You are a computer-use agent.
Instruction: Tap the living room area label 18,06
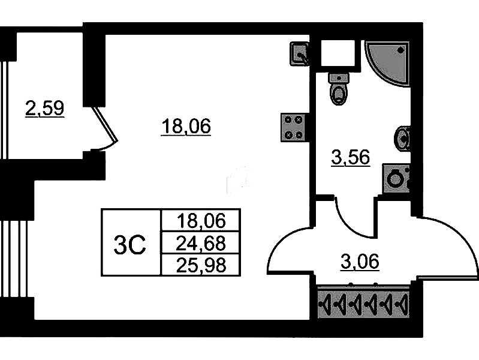186,127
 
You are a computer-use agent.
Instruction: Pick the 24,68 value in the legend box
201,243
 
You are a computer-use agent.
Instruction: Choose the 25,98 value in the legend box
201,263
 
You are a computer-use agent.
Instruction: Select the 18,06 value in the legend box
201,221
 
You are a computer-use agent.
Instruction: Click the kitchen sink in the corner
299,53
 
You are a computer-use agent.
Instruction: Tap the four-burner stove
293,128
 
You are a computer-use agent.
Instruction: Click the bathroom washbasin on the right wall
402,139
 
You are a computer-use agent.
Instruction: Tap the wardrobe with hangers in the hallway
363,304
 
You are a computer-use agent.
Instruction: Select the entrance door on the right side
450,246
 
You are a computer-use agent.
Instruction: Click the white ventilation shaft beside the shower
338,53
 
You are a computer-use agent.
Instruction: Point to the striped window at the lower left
17,259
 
